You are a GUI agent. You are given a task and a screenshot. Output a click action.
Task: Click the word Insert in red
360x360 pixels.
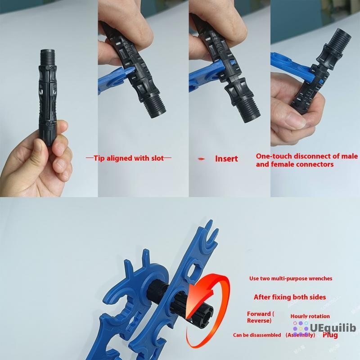click(226, 158)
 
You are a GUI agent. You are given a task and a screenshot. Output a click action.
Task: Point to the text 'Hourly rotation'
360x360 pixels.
click(310, 316)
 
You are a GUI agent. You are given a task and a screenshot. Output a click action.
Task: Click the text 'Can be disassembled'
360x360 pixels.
click(257, 335)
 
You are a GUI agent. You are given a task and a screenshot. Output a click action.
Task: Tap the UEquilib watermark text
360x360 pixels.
click(330, 328)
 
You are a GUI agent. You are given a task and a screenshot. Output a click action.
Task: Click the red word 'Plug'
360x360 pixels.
click(330, 335)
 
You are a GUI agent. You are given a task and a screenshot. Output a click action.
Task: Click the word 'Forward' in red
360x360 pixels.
click(258, 314)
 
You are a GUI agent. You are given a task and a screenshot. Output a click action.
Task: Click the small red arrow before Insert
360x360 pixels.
click(202, 159)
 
